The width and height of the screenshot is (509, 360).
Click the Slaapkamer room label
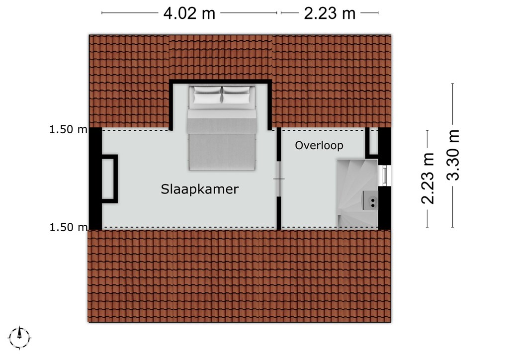click(x=200, y=189)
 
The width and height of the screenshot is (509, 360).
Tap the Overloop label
click(x=319, y=145)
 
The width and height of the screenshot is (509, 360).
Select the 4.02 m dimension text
click(x=189, y=13)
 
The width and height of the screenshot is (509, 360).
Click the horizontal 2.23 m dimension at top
click(x=330, y=13)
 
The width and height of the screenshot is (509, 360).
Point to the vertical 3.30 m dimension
click(x=453, y=155)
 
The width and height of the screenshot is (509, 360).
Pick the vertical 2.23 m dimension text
click(x=427, y=178)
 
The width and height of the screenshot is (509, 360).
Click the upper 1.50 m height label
click(x=68, y=129)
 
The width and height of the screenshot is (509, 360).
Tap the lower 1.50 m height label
click(x=68, y=227)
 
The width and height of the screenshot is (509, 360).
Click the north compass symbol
click(x=19, y=338)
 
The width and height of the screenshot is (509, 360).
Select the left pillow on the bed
click(x=207, y=95)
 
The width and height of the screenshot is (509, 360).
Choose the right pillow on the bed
click(x=237, y=95)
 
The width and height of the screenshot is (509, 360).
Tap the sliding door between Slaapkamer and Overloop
click(x=278, y=179)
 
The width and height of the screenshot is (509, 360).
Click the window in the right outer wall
click(x=385, y=176)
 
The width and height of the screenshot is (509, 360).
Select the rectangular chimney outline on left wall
click(x=110, y=179)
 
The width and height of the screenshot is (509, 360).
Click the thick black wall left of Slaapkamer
click(x=95, y=179)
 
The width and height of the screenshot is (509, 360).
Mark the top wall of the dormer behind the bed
click(x=221, y=82)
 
